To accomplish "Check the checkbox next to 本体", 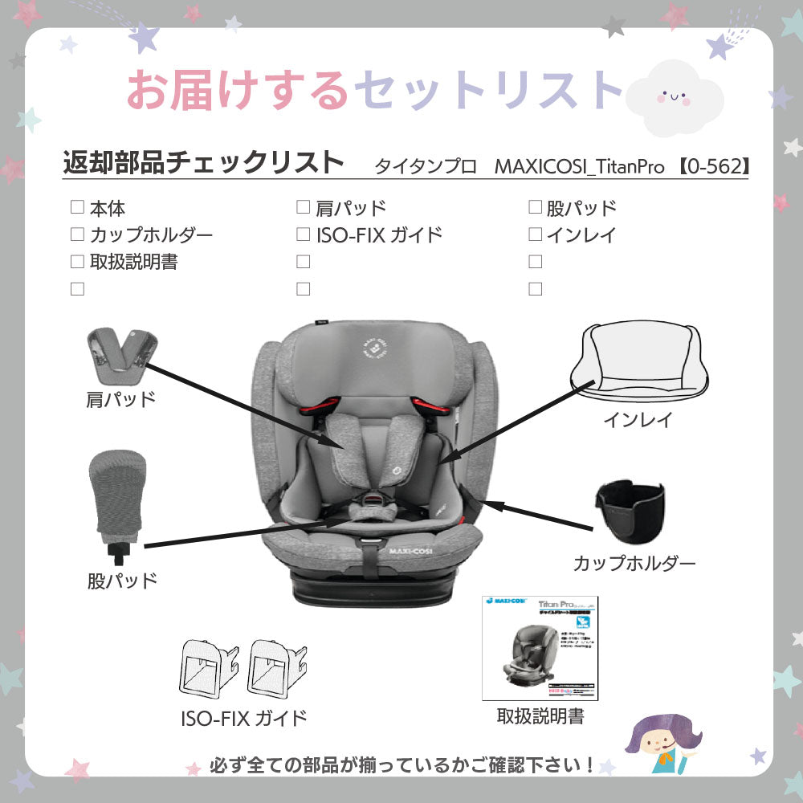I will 77,208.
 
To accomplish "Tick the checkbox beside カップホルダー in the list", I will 77,234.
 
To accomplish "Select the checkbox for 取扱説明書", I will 77,261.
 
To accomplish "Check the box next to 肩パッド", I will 303,208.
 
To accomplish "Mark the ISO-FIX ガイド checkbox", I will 303,234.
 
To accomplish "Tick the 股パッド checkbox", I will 535,208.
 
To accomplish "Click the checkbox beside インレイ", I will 535,234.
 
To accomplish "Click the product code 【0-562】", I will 711,166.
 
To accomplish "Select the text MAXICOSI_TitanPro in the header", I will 579,166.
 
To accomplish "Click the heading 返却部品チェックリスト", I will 203,162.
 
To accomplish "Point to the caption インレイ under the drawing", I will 638,419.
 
